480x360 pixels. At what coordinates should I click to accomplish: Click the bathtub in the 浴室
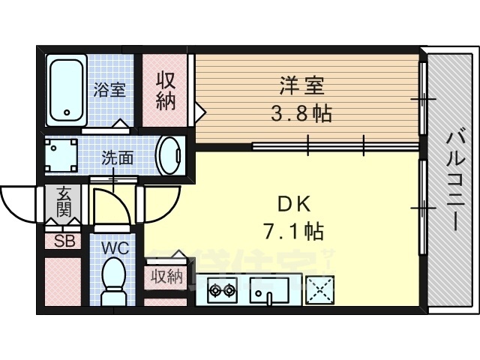click(x=66, y=91)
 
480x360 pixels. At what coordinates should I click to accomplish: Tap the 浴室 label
click(x=109, y=90)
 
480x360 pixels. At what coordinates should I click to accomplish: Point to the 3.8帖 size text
click(x=301, y=114)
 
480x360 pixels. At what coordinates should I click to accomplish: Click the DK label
click(x=293, y=202)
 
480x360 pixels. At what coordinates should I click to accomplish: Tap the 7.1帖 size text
click(x=293, y=231)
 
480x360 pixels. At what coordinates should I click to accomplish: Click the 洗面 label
click(x=118, y=158)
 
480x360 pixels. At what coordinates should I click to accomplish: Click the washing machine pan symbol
click(x=60, y=155)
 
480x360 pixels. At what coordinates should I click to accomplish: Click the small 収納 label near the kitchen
click(x=166, y=277)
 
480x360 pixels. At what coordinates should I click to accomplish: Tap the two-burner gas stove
click(x=222, y=289)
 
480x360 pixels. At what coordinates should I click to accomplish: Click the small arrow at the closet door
click(x=200, y=112)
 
